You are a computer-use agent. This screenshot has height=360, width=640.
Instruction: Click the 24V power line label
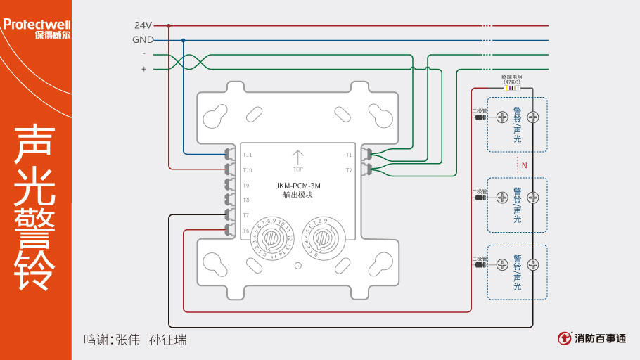tap(143, 25)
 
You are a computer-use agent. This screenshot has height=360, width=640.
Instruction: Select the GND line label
tap(143, 40)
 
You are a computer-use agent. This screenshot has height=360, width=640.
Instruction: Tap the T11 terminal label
tap(248, 155)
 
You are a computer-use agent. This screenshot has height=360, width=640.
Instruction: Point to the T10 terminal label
tap(248, 170)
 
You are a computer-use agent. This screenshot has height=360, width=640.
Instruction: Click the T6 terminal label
tap(246, 231)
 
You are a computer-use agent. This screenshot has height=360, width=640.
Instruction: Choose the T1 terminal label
tap(349, 155)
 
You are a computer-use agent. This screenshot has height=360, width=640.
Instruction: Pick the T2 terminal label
tap(349, 170)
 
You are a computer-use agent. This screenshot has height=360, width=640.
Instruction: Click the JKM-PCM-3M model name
tap(297, 186)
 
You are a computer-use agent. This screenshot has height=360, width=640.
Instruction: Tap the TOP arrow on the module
tap(297, 157)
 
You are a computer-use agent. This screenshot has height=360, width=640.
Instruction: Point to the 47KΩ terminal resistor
tap(511, 88)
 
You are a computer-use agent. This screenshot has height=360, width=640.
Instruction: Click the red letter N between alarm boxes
tap(525, 166)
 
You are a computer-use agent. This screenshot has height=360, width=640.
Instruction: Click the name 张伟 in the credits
tap(127, 340)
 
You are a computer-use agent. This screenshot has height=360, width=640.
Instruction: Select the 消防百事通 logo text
tap(600, 339)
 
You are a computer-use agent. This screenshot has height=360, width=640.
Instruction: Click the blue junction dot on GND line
tap(184, 40)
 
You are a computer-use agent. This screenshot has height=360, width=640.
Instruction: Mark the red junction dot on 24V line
tap(169, 25)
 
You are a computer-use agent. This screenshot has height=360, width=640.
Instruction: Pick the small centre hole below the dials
tap(298, 266)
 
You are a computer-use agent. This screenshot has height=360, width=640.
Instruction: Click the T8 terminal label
tap(246, 200)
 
